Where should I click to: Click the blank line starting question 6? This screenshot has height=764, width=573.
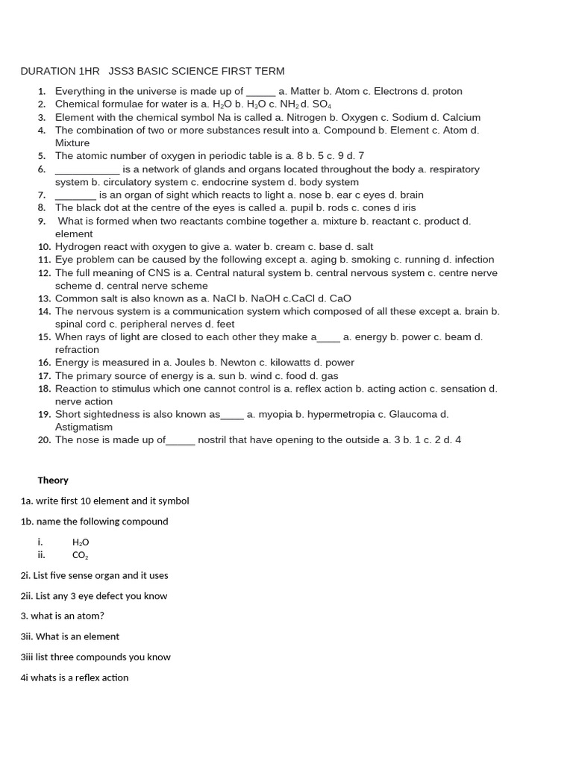click(87, 169)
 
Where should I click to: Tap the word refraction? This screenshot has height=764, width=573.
click(77, 350)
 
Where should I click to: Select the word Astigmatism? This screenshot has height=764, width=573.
click(84, 428)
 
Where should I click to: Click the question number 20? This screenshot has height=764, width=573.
click(44, 440)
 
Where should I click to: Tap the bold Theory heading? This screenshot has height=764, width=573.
click(53, 480)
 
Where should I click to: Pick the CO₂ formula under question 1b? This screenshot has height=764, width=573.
click(80, 555)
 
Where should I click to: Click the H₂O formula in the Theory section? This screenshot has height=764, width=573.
click(80, 542)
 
